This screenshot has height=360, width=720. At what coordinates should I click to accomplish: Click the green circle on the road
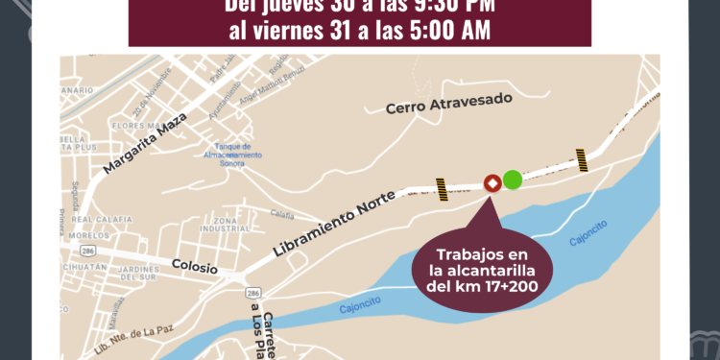513,179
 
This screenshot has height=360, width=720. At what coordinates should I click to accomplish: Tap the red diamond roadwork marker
492,182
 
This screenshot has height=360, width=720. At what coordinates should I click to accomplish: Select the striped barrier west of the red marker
442,188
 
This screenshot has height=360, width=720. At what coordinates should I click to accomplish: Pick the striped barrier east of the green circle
581,158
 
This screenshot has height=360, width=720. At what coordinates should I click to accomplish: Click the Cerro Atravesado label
449,107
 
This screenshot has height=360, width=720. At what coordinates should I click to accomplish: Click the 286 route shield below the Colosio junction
252,292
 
